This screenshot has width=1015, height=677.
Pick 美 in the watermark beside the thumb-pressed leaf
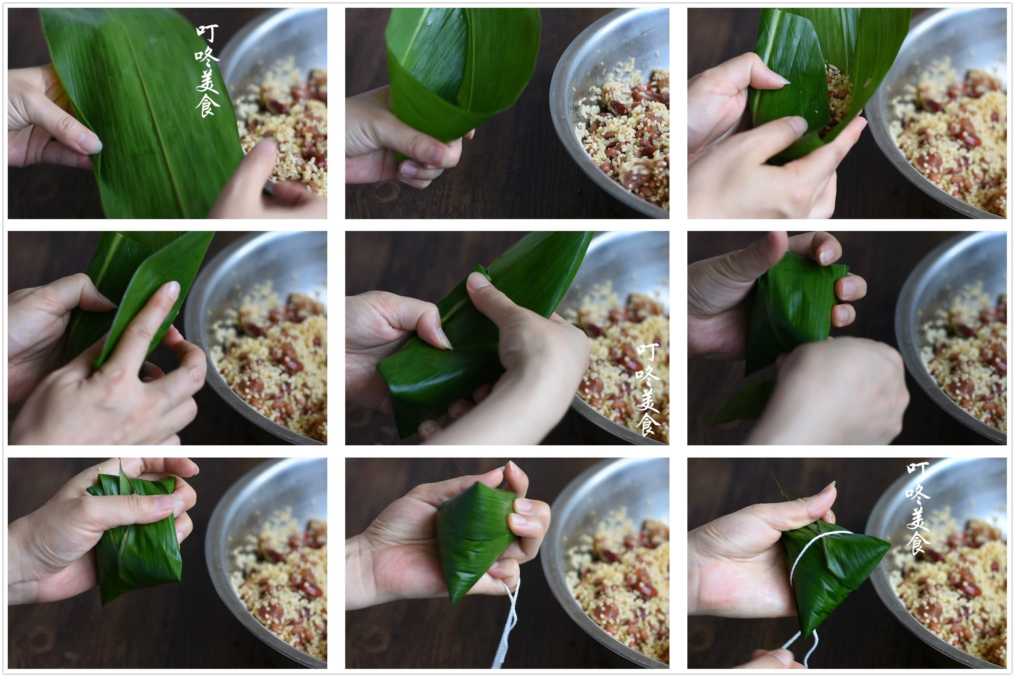647,399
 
